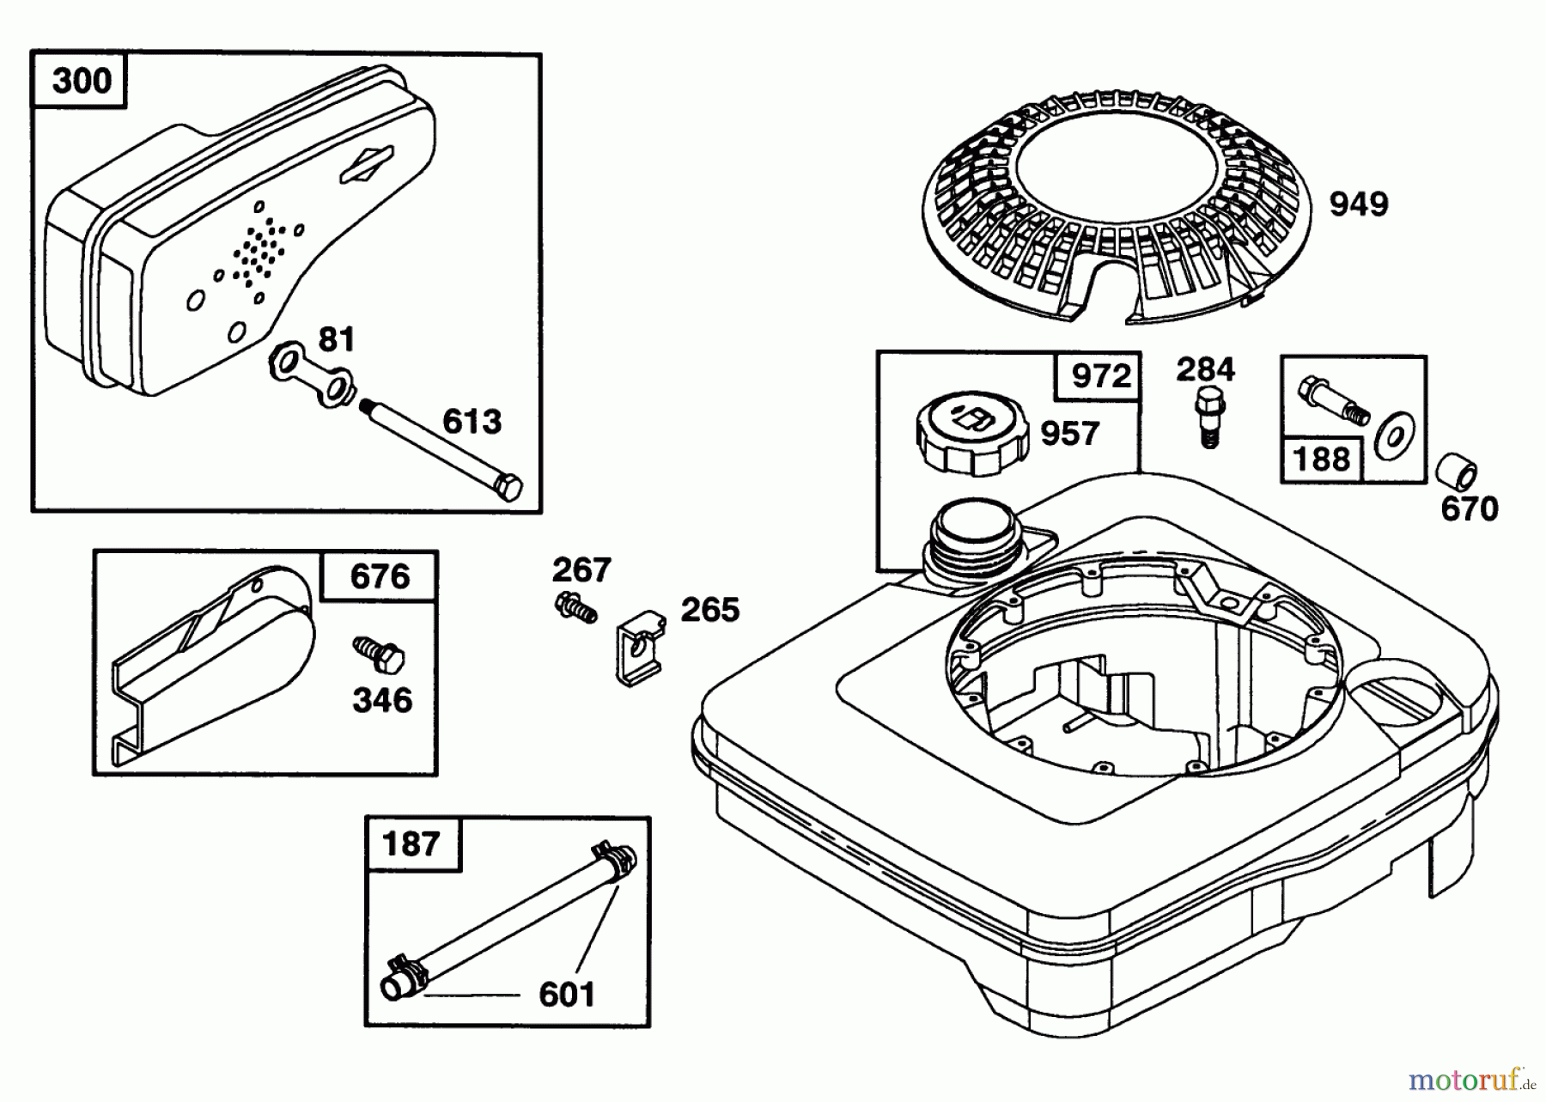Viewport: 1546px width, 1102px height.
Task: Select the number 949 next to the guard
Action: click(1359, 204)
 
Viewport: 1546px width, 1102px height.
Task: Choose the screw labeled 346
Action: click(379, 657)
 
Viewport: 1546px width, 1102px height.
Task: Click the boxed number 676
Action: click(380, 576)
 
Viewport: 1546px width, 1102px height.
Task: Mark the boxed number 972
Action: click(1101, 376)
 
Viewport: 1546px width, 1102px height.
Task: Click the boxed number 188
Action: click(1322, 459)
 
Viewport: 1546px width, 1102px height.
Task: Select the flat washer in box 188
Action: click(1396, 437)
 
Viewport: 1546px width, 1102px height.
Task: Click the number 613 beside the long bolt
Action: click(472, 422)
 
